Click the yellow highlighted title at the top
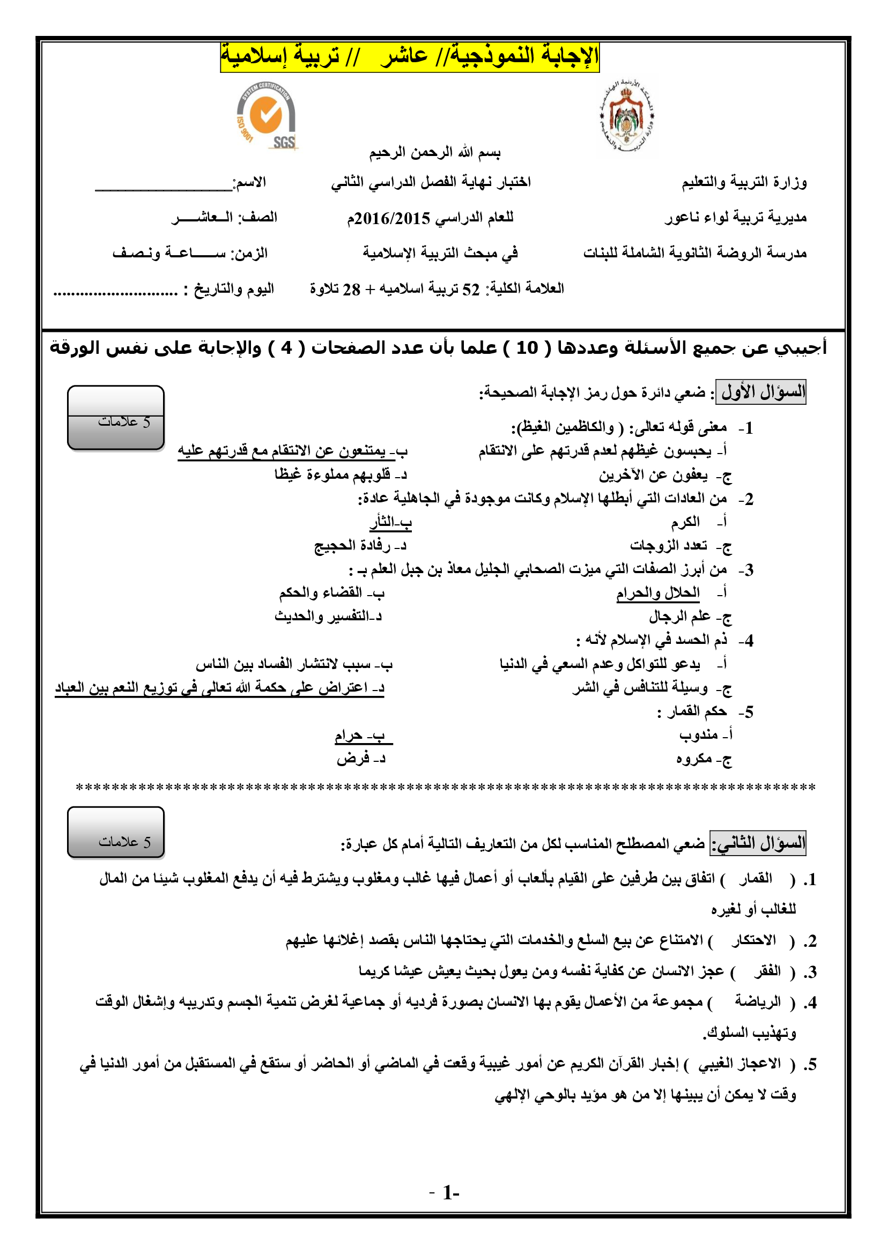click(x=410, y=56)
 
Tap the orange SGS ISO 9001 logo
click(x=267, y=116)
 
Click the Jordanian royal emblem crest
click(x=627, y=117)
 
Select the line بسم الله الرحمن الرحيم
click(x=435, y=152)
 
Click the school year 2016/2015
click(x=389, y=218)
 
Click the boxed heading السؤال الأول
click(x=761, y=392)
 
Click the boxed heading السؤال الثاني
click(x=758, y=843)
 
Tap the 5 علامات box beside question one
click(x=116, y=418)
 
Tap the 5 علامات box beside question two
click(x=116, y=832)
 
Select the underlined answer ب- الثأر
click(x=390, y=523)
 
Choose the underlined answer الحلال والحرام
click(x=657, y=593)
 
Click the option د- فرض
click(x=361, y=759)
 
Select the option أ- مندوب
click(x=705, y=736)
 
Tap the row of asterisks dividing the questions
click(x=445, y=788)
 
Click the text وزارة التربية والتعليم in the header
click(x=743, y=182)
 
